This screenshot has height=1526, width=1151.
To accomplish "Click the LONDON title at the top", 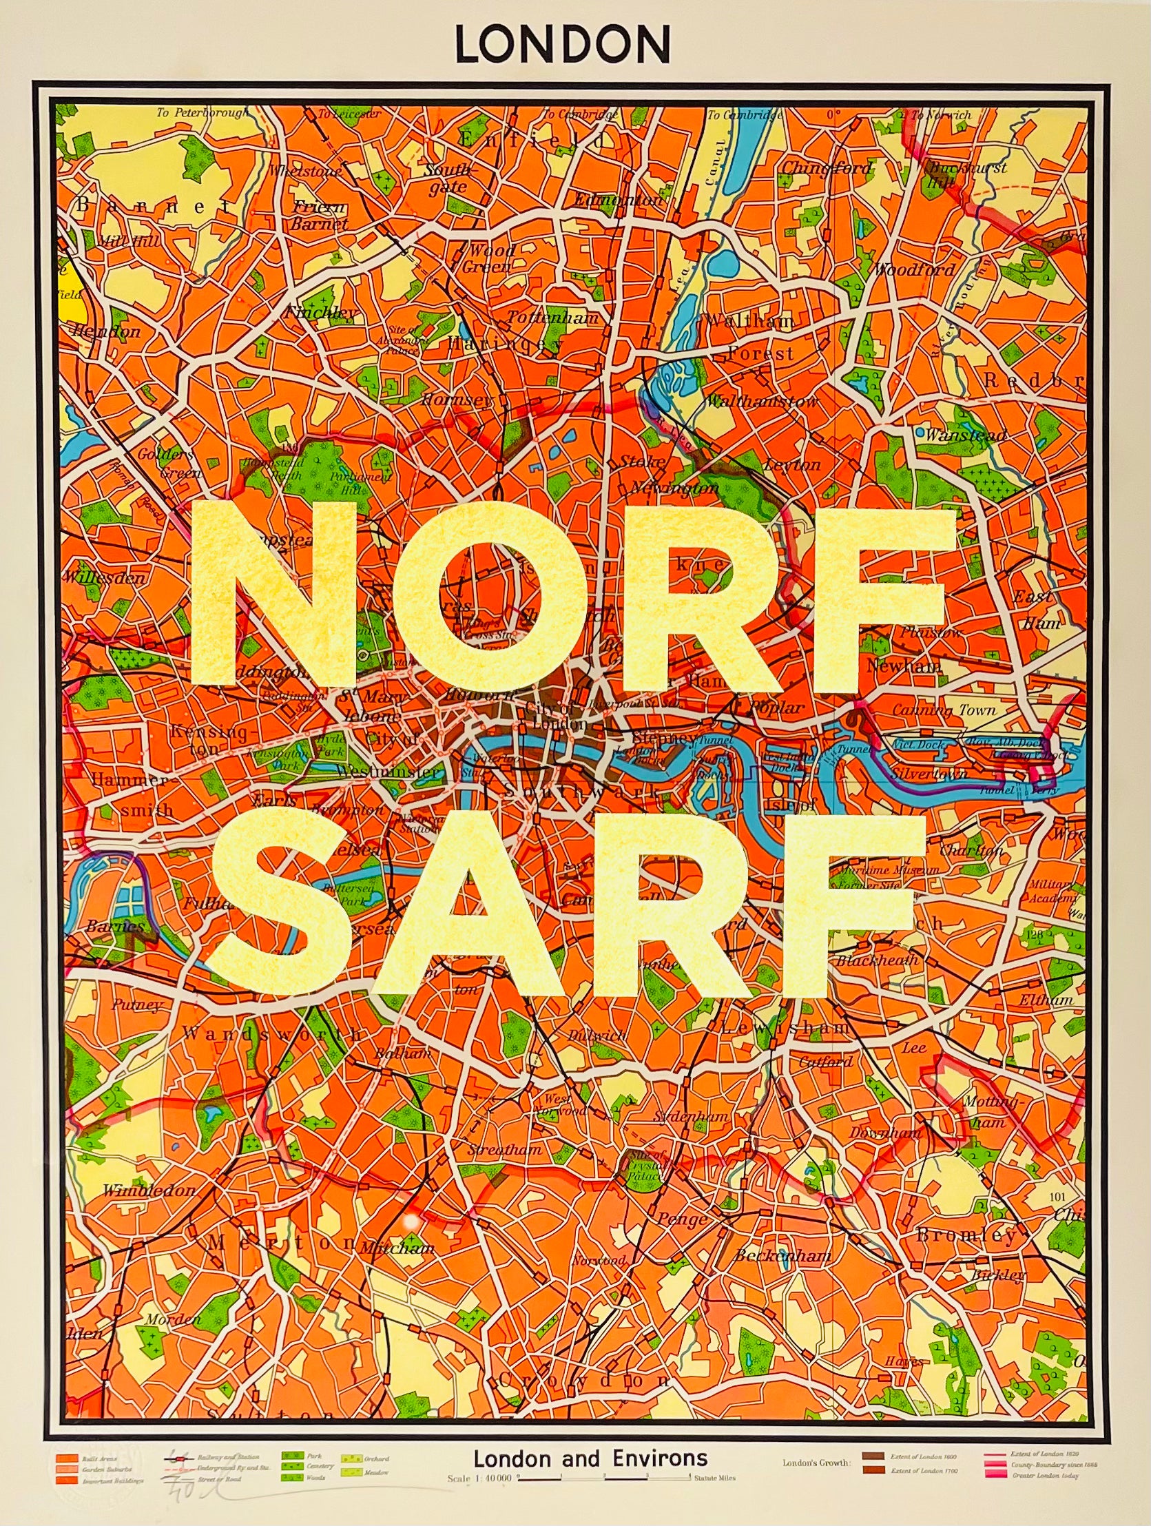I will click(562, 45).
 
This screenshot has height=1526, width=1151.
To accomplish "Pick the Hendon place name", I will click(107, 331).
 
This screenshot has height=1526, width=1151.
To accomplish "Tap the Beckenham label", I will click(781, 1256).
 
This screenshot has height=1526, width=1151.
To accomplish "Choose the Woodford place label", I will click(915, 270).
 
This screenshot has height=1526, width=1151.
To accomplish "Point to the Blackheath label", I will click(878, 960).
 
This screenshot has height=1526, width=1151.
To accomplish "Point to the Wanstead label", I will click(966, 436).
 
